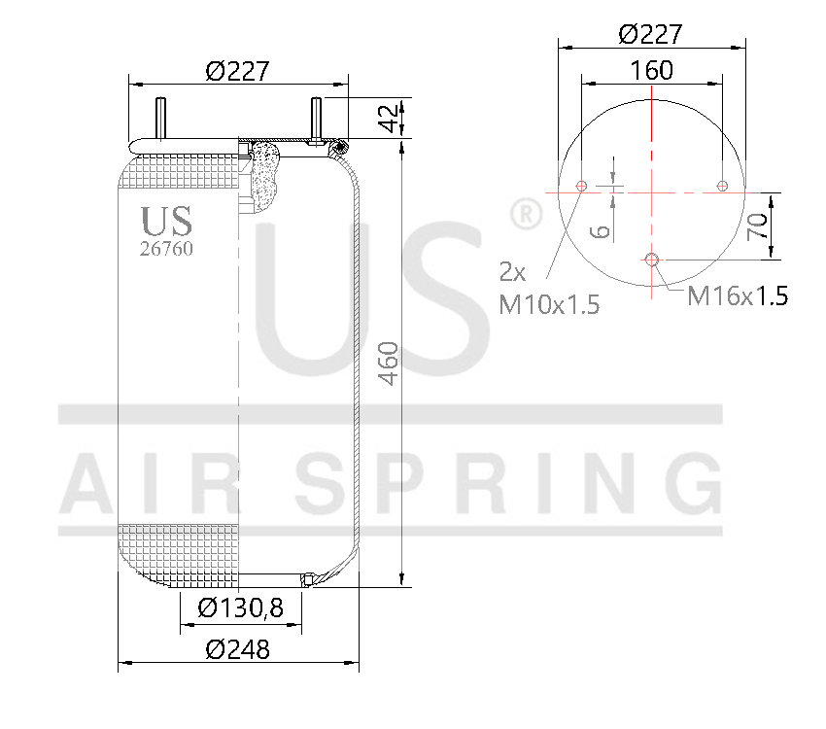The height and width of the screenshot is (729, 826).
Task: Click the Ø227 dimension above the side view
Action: point(237,71)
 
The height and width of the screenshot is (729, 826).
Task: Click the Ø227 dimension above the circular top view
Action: point(650,34)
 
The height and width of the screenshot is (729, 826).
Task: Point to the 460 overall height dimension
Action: point(388,363)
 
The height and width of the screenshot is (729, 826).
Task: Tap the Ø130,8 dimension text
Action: point(240,608)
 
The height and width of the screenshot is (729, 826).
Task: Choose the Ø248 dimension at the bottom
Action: point(238,649)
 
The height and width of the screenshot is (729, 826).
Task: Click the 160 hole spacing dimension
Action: point(651,70)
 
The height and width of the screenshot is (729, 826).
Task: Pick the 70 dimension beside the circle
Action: point(757,226)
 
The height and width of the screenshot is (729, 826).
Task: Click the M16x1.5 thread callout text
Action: point(737,296)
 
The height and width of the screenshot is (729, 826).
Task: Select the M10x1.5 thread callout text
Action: point(549,304)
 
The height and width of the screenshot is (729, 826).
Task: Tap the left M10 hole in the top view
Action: point(581,187)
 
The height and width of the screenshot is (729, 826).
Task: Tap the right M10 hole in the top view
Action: point(721,186)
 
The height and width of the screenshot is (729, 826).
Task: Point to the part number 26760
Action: point(167,249)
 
